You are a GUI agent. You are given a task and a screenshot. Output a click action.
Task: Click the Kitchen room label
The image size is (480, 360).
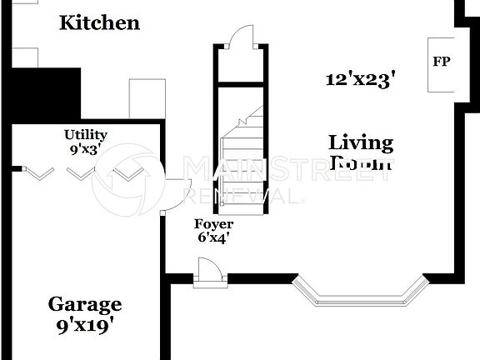click(99, 22)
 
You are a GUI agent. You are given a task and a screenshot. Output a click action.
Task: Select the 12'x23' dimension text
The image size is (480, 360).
click(360, 79)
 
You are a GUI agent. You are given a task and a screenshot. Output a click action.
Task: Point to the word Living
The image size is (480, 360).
click(360, 142)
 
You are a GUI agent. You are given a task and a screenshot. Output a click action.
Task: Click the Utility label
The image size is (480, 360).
click(86, 134)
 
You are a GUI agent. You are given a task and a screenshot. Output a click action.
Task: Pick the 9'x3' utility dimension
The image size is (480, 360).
click(86, 149)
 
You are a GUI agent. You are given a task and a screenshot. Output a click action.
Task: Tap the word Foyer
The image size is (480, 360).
click(213, 224)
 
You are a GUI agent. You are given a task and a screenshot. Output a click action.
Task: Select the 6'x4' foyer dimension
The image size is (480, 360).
click(212, 237)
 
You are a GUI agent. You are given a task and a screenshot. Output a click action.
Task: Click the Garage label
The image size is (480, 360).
click(85, 304)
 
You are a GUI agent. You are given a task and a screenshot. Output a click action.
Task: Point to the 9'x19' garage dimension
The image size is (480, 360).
click(85, 326)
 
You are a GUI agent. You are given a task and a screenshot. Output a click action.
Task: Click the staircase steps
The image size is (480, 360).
click(241, 158)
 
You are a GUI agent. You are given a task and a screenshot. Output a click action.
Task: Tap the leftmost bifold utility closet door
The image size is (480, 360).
click(38, 172)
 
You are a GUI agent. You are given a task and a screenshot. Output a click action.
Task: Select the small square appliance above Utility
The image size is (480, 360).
click(147, 99)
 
